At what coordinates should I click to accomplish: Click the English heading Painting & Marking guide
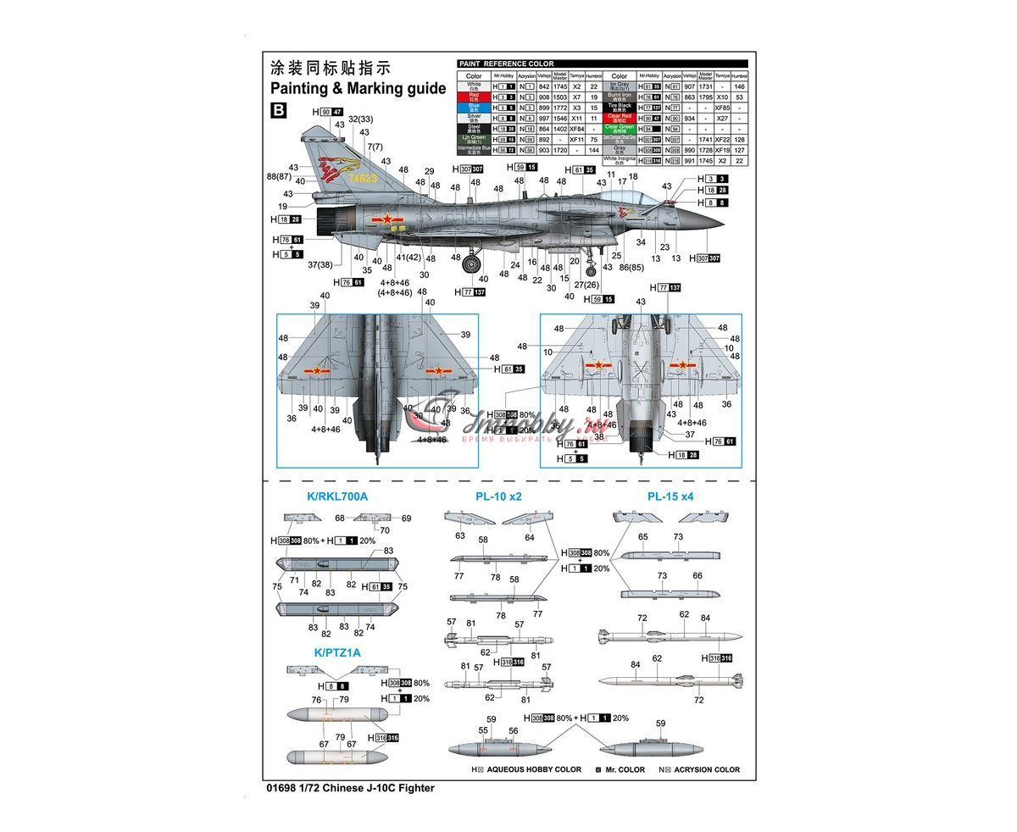(x=358, y=88)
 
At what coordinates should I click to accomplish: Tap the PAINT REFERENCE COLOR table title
(x=506, y=64)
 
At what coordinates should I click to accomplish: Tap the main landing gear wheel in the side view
(x=471, y=264)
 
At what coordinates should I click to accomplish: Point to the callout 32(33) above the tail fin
(x=361, y=119)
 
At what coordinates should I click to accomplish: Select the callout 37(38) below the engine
(x=320, y=264)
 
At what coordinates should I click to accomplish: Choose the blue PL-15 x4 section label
(x=670, y=497)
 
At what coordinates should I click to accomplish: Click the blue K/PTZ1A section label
(x=336, y=652)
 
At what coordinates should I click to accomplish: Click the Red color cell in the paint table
(x=474, y=97)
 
